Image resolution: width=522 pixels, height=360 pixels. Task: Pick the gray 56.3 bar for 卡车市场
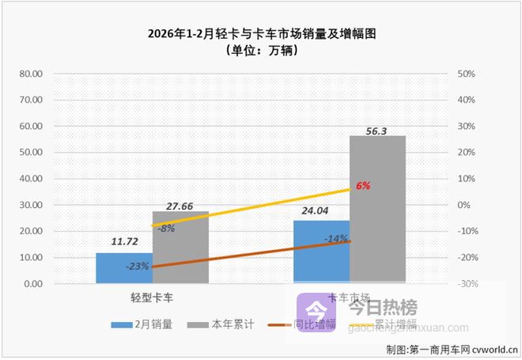377,210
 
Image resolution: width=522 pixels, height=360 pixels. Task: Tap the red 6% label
363,185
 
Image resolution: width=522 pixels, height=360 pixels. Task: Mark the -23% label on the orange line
138,266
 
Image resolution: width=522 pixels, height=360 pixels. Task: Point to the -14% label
335,237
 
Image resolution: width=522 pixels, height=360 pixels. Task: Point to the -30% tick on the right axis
465,283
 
